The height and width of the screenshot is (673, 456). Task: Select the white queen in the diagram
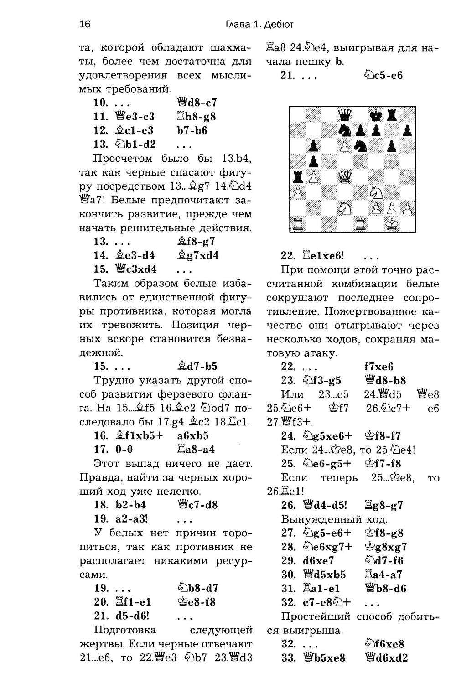pyautogui.click(x=345, y=177)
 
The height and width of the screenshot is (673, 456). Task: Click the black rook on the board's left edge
pyautogui.click(x=298, y=177)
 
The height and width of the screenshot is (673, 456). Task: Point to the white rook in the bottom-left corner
pyautogui.click(x=298, y=224)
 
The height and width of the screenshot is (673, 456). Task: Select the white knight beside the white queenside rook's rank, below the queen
pyautogui.click(x=345, y=209)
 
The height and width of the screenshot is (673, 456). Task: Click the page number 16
pyautogui.click(x=85, y=24)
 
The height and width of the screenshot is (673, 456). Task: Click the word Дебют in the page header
pyautogui.click(x=276, y=24)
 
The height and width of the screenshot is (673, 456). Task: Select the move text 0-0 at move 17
pyautogui.click(x=124, y=450)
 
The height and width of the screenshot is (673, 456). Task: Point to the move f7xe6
pyautogui.click(x=378, y=367)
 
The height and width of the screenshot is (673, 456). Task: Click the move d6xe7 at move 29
pyautogui.click(x=318, y=561)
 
